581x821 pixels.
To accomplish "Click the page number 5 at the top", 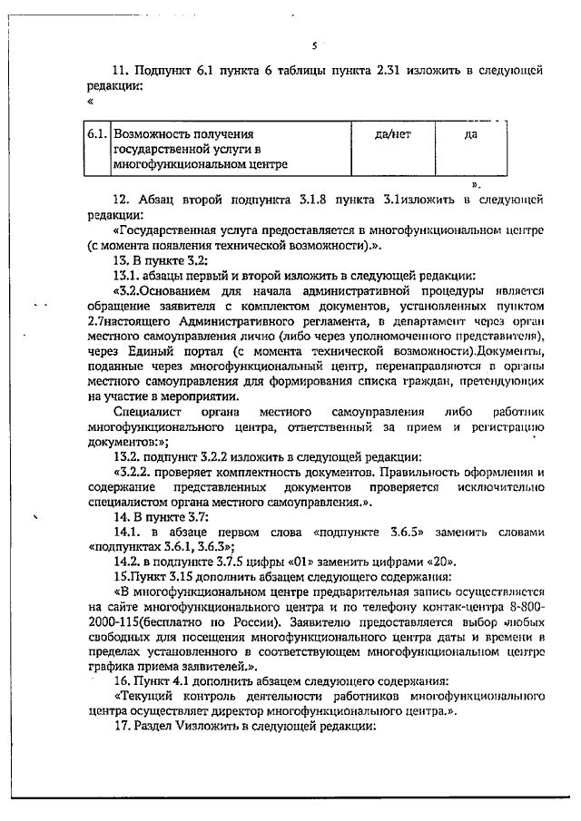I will (x=312, y=45).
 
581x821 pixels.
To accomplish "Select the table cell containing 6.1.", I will (x=97, y=134).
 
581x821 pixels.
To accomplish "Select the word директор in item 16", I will (x=269, y=711).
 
